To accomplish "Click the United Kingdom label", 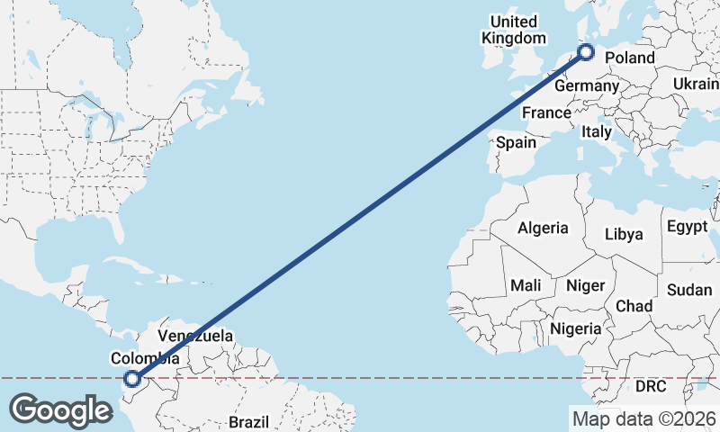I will point(514,30).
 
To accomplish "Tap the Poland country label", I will point(630,58).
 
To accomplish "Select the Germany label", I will point(587,86).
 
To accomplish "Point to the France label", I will point(546,113).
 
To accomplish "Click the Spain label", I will point(516,142).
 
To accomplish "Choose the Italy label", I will point(596,132).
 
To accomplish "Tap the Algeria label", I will point(543,229).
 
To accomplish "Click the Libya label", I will point(625,235).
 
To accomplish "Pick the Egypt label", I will point(688,228).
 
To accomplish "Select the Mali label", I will point(526,285).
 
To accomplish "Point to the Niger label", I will point(585,285).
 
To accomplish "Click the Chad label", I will point(634,307).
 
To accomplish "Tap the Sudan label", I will point(689,290).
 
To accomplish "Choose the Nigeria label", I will point(575,329).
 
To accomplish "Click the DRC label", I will point(651,387).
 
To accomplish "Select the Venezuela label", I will point(195,337).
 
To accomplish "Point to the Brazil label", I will point(249,422).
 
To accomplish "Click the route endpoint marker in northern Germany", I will point(587,52).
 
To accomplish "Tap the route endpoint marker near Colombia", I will point(132,380).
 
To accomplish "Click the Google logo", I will point(60,410).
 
